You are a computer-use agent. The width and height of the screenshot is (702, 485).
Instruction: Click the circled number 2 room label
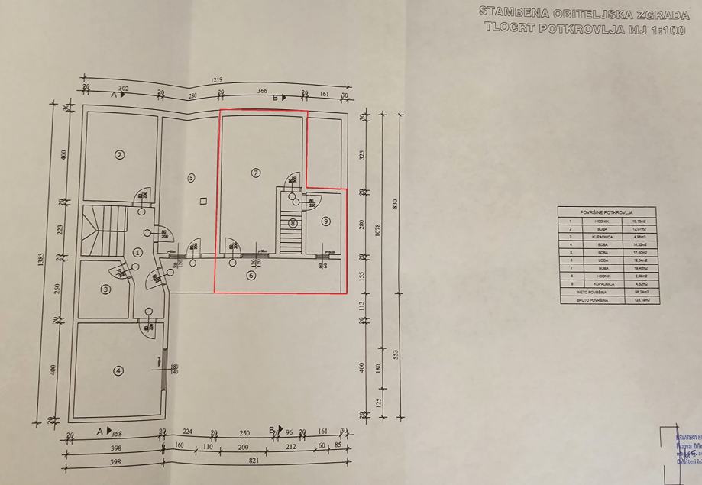pos(119,154)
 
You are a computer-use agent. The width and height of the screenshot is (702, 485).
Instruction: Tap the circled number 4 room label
pos(118,371)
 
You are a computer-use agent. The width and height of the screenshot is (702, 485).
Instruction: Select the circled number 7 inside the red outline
pos(256,173)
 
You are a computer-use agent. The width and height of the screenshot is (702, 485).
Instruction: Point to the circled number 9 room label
pos(326,221)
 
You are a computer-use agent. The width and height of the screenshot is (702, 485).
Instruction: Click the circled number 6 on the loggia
pos(251,276)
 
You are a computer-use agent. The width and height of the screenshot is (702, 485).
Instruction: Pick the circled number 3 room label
pos(106,289)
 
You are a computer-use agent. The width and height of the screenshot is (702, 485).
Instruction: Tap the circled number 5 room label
pos(192,176)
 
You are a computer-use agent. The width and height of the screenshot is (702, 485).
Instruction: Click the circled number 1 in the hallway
pos(138,251)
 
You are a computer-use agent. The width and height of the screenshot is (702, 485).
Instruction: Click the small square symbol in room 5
pos(202,202)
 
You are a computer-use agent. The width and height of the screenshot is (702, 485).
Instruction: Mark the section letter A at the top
pos(113,95)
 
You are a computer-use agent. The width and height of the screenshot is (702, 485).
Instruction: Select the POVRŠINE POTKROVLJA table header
pos(607,212)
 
